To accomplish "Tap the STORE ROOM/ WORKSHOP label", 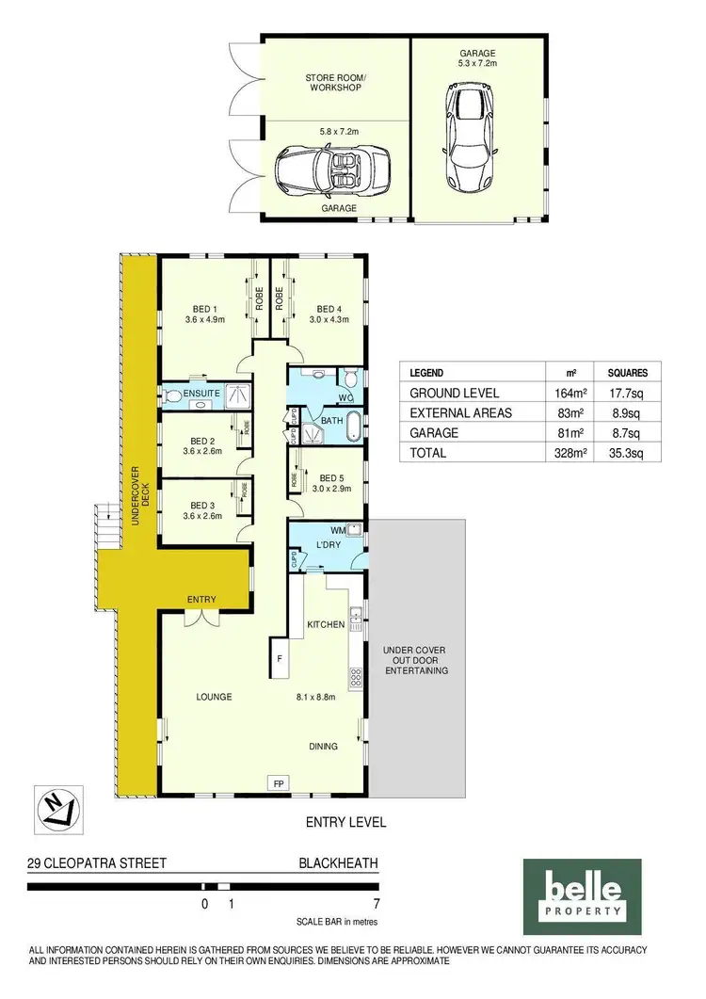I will [x=334, y=82].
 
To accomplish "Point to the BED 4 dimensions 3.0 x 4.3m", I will [x=330, y=320].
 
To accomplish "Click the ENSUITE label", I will [x=201, y=393].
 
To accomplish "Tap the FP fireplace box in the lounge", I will [x=279, y=782].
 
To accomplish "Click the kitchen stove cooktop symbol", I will [x=356, y=675].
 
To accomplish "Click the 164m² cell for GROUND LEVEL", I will [x=565, y=394].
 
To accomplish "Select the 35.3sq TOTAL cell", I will [x=625, y=453].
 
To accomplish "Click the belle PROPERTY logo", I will [x=582, y=890].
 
